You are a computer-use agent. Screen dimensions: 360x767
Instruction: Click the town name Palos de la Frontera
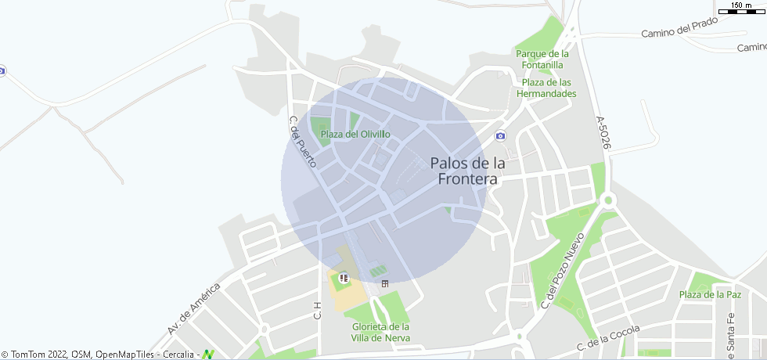point(467,171)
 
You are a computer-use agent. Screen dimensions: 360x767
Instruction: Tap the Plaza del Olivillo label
point(355,135)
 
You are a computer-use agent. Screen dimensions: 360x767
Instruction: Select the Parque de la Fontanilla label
point(542,59)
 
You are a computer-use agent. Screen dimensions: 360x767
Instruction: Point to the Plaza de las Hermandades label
point(546,88)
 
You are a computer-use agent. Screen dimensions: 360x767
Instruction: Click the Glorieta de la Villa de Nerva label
point(381,332)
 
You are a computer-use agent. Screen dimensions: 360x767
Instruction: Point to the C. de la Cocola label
point(608,337)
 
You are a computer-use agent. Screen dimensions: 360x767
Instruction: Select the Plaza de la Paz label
point(710,294)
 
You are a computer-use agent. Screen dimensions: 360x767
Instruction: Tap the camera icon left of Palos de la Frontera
point(500,136)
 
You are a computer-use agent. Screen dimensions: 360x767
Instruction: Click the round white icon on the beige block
point(344,277)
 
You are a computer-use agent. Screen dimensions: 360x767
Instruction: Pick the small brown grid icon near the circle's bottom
point(384,283)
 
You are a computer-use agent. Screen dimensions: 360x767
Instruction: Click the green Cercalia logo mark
point(207,355)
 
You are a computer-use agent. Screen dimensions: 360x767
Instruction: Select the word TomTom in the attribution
point(29,355)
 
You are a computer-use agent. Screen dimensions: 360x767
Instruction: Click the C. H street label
point(318,310)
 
